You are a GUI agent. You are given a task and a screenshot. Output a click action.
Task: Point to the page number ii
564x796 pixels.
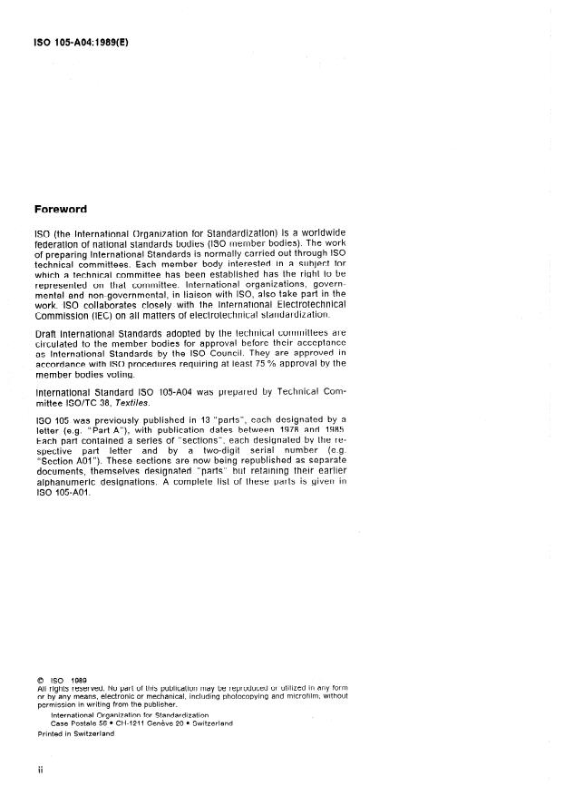click(x=40, y=771)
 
